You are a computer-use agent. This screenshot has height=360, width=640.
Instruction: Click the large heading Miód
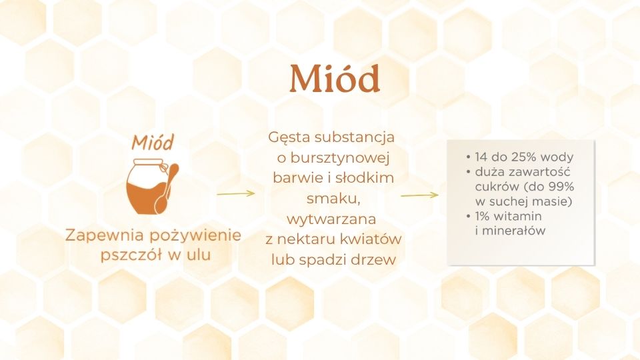point(335,78)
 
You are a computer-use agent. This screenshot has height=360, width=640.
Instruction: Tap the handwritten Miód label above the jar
point(153,142)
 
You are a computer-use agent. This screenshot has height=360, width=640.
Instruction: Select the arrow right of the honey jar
point(235,193)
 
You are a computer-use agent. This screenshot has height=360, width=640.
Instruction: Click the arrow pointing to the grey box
point(419,195)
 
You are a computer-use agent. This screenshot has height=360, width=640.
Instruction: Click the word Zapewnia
point(105,236)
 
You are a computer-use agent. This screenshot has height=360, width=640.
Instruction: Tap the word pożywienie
point(195,236)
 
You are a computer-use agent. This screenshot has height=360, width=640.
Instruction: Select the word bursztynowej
point(340,157)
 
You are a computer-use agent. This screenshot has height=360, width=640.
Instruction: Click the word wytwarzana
point(331,219)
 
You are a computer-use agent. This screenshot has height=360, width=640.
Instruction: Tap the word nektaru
point(307,239)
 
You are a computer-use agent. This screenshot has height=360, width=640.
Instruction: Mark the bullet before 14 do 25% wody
point(468,157)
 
